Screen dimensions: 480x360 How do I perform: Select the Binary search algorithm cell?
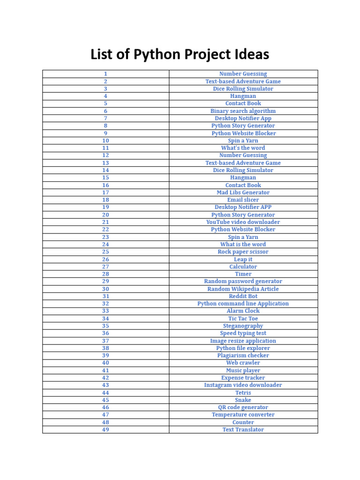pyautogui.click(x=243, y=111)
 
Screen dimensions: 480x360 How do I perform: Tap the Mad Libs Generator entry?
pyautogui.click(x=243, y=193)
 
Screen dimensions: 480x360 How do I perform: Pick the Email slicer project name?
pyautogui.click(x=243, y=200)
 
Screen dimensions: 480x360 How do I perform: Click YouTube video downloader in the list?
pyautogui.click(x=243, y=222)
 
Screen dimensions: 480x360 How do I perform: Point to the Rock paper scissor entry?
pyautogui.click(x=243, y=252)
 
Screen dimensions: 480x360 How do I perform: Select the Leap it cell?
pyautogui.click(x=243, y=259)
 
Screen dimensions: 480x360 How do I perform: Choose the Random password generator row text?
pyautogui.click(x=243, y=281)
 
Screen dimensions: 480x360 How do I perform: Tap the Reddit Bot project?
pyautogui.click(x=243, y=296)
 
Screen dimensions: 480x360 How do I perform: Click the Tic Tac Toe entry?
pyautogui.click(x=243, y=319)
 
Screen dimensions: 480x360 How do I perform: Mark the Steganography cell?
pyautogui.click(x=243, y=326)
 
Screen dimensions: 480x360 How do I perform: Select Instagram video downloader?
pyautogui.click(x=243, y=385)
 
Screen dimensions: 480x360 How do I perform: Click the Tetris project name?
pyautogui.click(x=243, y=393)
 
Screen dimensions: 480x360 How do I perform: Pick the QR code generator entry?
pyautogui.click(x=243, y=407)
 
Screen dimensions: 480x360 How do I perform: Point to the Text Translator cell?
pyautogui.click(x=243, y=429)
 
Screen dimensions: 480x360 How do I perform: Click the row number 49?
pyautogui.click(x=105, y=429)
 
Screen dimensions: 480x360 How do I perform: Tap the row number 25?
pyautogui.click(x=105, y=252)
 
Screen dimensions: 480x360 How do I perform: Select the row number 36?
pyautogui.click(x=105, y=333)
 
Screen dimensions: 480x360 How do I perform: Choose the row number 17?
pyautogui.click(x=105, y=193)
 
